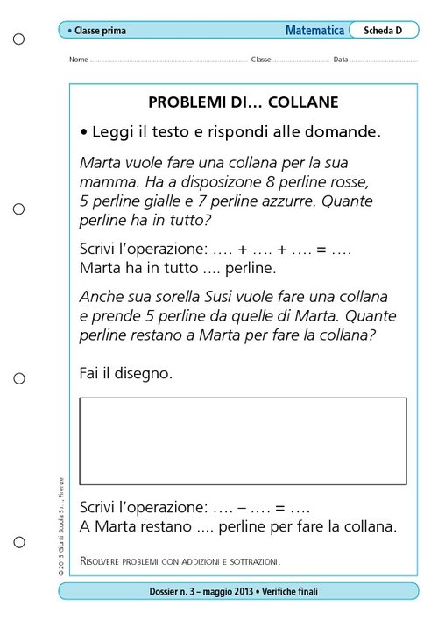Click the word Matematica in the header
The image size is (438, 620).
pos(314,30)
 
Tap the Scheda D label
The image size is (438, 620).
pos(383,30)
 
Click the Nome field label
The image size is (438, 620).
pos(78,60)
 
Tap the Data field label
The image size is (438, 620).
pos(341,60)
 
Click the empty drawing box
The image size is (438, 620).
pos(243,440)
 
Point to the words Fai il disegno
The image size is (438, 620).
pos(125,373)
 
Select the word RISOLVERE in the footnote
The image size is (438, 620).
pos(108,559)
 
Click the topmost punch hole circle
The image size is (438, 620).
pos(18,39)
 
